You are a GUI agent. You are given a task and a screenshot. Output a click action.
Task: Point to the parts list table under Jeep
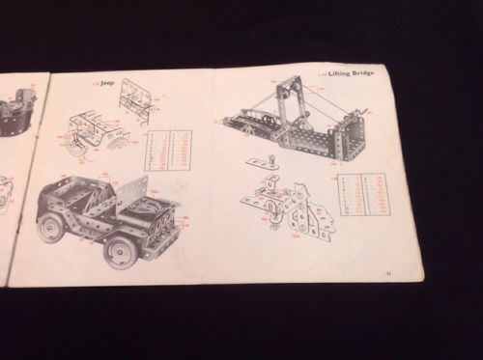tap(167, 150)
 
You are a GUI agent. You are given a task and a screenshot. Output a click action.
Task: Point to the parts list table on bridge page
tap(364, 194)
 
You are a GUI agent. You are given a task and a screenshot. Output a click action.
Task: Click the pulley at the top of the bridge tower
tap(282, 89)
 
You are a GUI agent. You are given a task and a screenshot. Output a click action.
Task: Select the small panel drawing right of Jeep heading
tap(134, 97)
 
